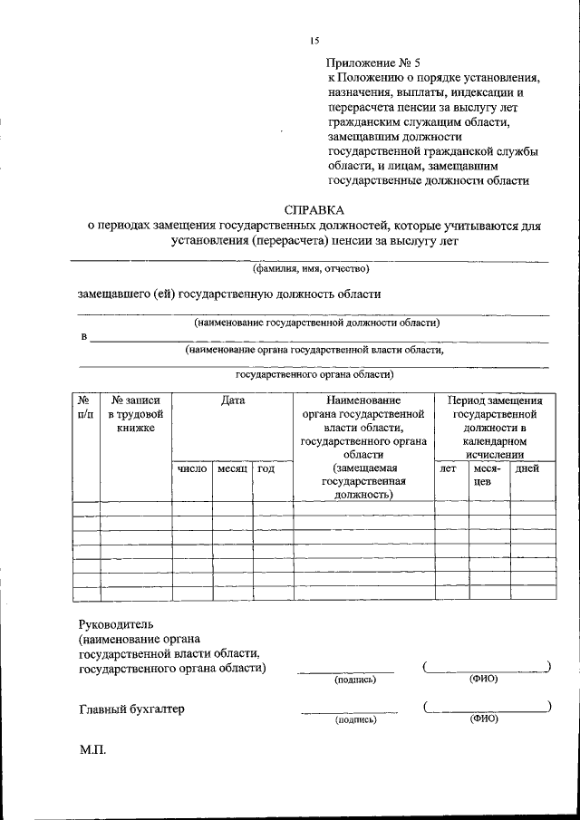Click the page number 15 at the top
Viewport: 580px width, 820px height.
coord(314,41)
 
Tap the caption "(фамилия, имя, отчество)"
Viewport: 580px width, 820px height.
coord(311,268)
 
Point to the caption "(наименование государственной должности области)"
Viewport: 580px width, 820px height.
coord(315,323)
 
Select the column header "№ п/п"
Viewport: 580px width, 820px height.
coord(85,406)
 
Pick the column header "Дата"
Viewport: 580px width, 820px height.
coord(232,400)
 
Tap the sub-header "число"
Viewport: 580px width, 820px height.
coord(192,469)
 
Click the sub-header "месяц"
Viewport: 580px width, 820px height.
coord(232,469)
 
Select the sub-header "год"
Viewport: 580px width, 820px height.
coord(266,469)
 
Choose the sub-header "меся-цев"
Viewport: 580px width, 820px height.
coord(488,476)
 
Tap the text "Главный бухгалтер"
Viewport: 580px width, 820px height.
coord(131,709)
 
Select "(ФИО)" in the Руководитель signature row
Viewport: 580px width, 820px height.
coord(483,679)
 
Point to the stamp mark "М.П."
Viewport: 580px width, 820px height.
coord(92,752)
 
